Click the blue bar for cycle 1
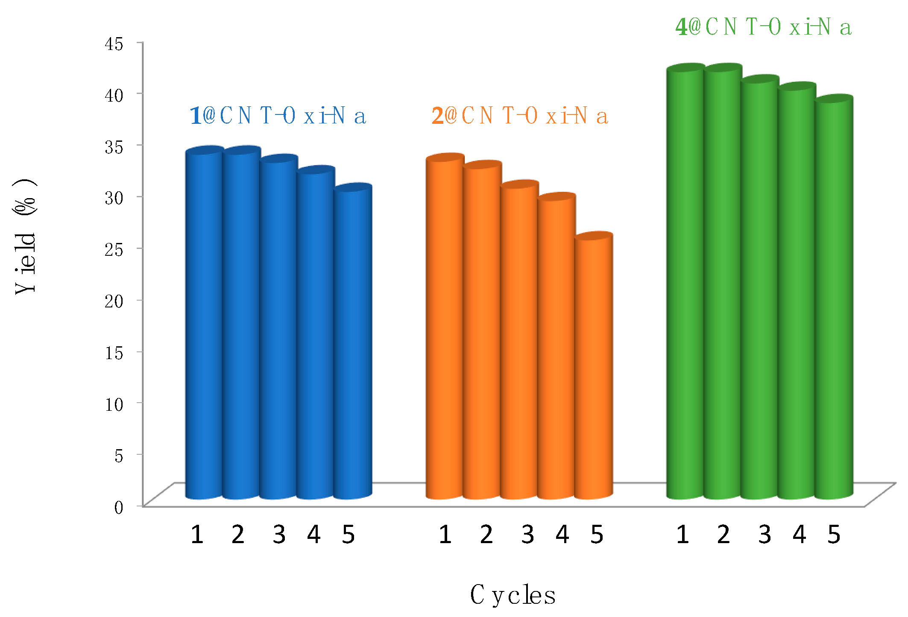[x=204, y=325]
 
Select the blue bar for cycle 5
[x=353, y=342]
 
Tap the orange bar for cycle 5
[x=594, y=367]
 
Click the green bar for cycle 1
[x=685, y=282]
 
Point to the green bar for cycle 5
[x=834, y=299]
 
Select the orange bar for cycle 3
[x=518, y=342]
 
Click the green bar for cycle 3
[x=759, y=290]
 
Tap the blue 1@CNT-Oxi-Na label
[x=278, y=116]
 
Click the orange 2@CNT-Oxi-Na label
[x=520, y=116]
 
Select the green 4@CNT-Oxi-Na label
[x=763, y=27]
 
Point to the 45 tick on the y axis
[x=114, y=44]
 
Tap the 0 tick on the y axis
[x=118, y=507]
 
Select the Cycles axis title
[x=513, y=595]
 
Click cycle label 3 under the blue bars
[x=279, y=534]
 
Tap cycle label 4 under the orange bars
[x=562, y=534]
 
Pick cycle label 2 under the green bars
[x=723, y=534]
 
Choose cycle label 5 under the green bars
[x=834, y=534]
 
